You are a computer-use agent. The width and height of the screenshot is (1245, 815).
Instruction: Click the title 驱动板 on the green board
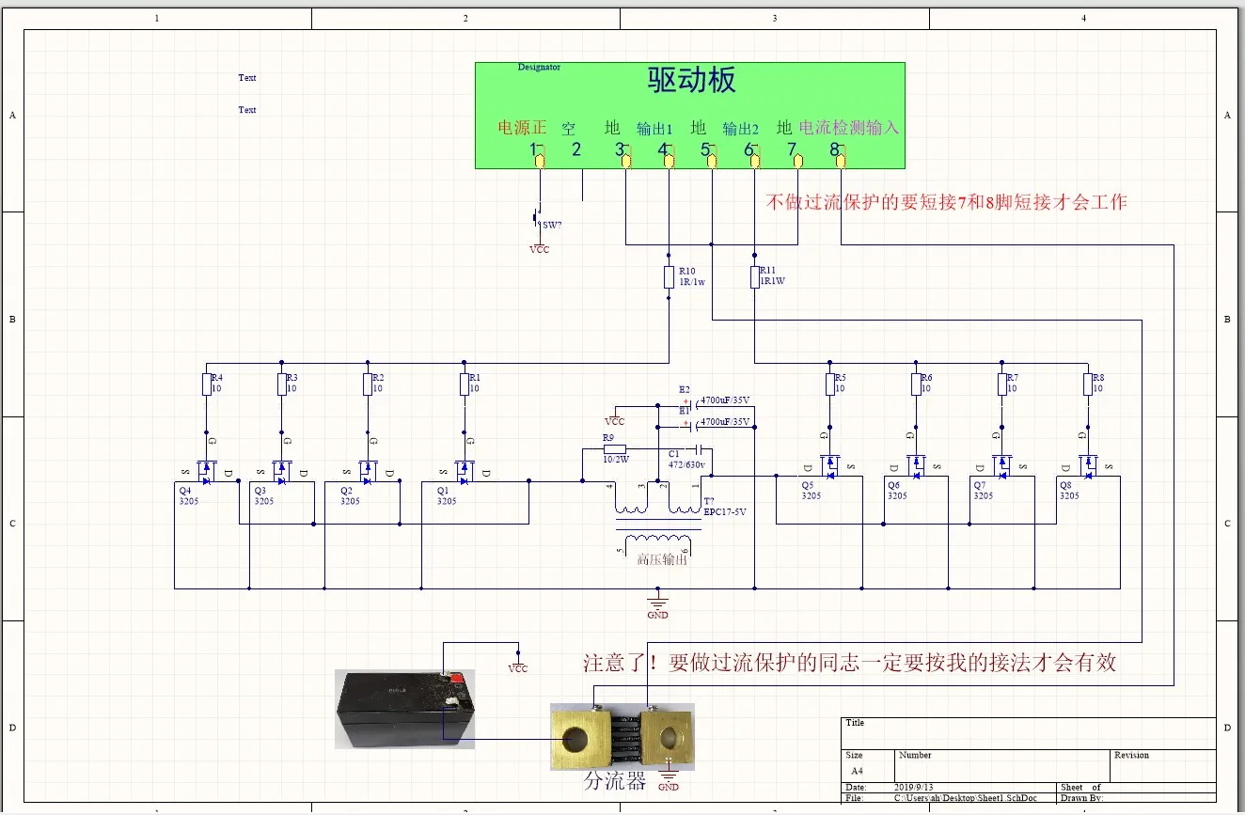pos(691,81)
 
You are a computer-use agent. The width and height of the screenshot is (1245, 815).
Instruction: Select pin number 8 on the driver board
pos(834,149)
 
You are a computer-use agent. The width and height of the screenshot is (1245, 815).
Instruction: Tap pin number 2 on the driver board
pos(576,149)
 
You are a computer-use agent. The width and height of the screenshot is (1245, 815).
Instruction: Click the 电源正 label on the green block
pos(522,127)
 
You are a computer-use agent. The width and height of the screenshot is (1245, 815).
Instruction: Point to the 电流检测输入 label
pos(849,127)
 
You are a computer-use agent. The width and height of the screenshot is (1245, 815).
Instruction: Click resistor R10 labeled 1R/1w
pos(668,276)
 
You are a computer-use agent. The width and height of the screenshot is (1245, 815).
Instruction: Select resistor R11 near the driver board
pos(754,276)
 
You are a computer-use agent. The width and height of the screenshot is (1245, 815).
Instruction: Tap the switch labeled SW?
pos(539,218)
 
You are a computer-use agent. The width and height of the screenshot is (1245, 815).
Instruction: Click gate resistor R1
pos(463,384)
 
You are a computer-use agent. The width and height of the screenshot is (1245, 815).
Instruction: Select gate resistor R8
pos(1087,384)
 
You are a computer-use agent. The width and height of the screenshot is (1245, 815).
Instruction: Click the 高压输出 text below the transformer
pos(662,559)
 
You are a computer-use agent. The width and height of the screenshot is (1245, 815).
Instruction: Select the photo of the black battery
pos(404,709)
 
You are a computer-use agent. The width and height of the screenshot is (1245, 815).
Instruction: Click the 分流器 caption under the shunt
pos(615,781)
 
